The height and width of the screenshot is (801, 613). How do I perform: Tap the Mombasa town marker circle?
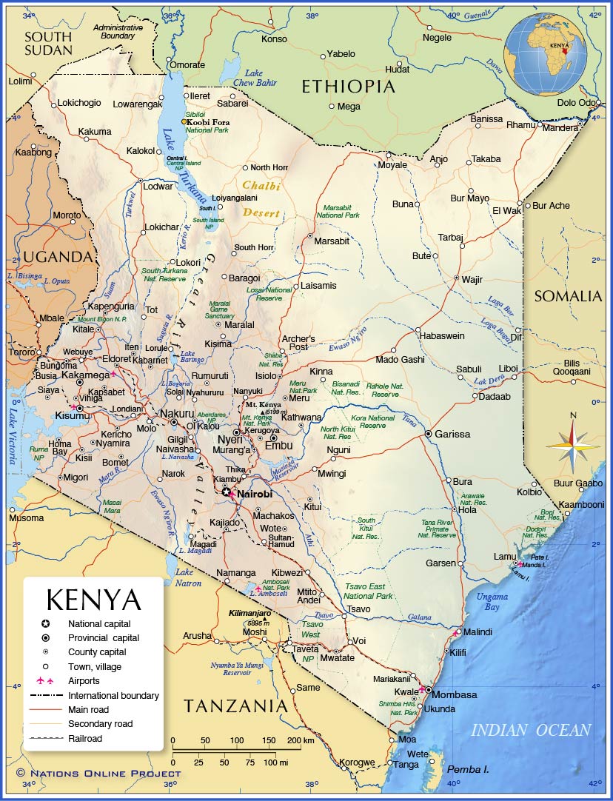click(428, 690)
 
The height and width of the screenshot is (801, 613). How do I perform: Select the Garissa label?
click(452, 434)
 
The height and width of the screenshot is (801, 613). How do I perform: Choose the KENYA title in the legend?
click(93, 600)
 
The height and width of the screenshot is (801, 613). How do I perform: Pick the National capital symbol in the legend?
click(46, 623)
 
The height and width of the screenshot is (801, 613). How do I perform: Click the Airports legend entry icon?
click(46, 681)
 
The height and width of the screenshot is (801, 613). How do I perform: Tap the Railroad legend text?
click(85, 738)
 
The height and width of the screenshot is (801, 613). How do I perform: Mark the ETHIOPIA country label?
click(348, 87)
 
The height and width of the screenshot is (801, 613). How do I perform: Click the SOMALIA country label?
click(569, 296)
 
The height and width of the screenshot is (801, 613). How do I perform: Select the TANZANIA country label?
click(235, 706)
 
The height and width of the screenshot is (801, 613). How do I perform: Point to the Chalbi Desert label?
click(261, 199)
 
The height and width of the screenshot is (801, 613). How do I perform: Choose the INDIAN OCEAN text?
click(531, 730)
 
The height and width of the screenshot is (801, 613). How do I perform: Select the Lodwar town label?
click(158, 187)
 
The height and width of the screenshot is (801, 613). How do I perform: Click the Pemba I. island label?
click(469, 769)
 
